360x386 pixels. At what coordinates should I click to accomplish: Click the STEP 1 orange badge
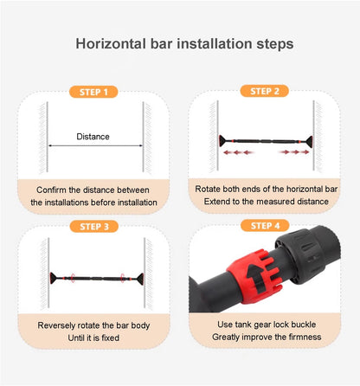(93, 92)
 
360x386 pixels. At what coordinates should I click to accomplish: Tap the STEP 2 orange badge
(265, 91)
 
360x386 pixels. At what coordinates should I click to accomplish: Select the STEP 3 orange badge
(94, 227)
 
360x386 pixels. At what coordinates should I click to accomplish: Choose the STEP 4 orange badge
(265, 226)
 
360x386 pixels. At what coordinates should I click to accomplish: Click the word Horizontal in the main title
(111, 44)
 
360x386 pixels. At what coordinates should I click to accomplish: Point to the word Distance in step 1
(93, 137)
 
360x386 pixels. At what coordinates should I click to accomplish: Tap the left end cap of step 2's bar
(223, 141)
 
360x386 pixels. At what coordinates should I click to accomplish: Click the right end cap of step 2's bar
(309, 141)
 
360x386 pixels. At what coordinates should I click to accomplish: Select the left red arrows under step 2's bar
(238, 152)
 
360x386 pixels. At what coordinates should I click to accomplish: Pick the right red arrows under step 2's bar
(293, 151)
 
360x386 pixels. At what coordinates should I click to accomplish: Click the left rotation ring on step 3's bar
(73, 278)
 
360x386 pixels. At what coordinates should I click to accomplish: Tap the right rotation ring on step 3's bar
(123, 278)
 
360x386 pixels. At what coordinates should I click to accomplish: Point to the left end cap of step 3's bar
(54, 278)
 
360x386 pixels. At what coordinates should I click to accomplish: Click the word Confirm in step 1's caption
(51, 190)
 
